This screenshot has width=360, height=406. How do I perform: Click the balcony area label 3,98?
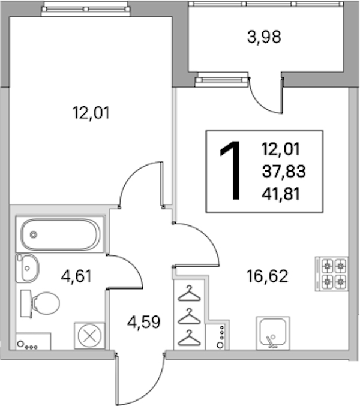(264, 37)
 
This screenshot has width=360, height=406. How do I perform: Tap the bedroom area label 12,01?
(91, 113)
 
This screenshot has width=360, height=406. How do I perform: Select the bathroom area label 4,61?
(76, 276)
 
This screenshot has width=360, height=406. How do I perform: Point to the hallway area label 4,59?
(144, 322)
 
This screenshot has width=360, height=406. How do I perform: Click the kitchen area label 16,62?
(267, 276)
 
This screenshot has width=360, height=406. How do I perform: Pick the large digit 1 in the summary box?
(231, 171)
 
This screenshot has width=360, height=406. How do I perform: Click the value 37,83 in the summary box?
(284, 171)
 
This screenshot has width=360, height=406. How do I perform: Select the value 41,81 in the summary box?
(281, 194)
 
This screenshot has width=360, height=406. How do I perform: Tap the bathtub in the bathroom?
(60, 234)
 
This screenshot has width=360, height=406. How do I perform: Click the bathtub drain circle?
(34, 235)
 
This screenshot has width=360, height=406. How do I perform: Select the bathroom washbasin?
(27, 268)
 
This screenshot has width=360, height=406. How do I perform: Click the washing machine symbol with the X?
(89, 336)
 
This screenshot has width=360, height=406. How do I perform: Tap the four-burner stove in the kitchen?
(332, 273)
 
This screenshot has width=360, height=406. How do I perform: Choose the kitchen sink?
(273, 333)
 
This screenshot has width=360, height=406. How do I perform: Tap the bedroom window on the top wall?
(86, 10)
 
